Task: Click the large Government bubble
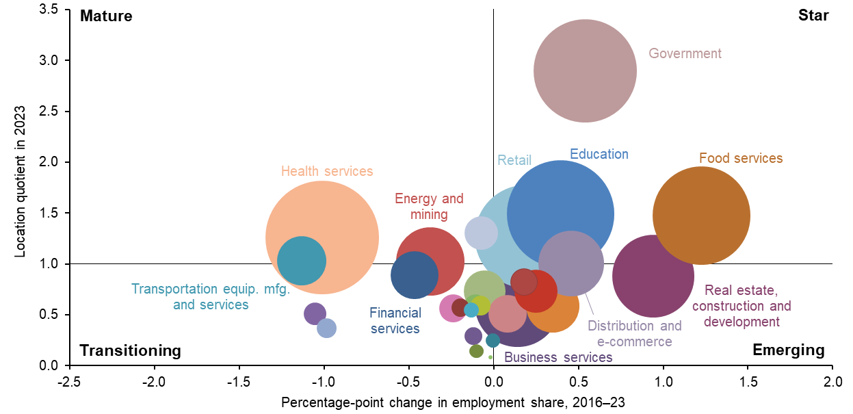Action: pos(585,70)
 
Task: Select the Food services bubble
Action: pos(701,215)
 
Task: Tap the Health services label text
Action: pos(327,171)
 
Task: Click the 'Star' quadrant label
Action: pos(813,16)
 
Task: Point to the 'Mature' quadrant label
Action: pos(106,16)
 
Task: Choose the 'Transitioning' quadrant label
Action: pos(131,350)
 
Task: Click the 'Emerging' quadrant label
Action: pos(788,350)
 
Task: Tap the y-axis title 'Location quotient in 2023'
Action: pos(21,181)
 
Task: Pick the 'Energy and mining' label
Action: pos(430,207)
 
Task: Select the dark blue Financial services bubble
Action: pos(415,274)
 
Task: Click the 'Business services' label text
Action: pos(558,357)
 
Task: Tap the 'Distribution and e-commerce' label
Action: pos(634,334)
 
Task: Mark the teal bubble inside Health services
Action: pos(301,260)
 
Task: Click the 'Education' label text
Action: pos(599,154)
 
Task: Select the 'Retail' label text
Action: pos(514,161)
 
